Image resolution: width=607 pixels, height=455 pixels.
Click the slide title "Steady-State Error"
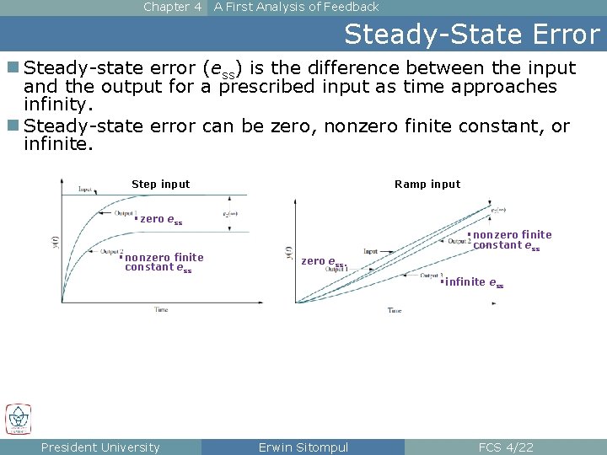pos(471,35)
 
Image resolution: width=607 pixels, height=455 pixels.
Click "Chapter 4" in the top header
pos(172,7)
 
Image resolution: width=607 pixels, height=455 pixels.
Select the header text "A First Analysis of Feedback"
pos(296,7)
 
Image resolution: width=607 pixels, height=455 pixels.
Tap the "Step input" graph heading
pos(160,185)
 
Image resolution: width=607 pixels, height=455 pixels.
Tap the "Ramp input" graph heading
pos(427,185)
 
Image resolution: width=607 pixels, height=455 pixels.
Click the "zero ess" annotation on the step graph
pos(160,219)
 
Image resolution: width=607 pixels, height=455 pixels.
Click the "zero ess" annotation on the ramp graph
pos(323,261)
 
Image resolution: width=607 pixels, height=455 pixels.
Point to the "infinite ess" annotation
pos(474,282)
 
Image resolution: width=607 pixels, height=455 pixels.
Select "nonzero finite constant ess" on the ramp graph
pos(511,240)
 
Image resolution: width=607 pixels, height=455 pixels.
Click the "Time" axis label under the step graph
pos(160,310)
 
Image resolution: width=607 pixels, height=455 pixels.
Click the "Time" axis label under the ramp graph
pos(395,311)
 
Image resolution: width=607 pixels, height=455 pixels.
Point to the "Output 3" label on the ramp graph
pos(430,276)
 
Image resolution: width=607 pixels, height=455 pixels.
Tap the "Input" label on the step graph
pos(85,190)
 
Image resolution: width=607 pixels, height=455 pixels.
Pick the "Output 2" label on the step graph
pos(111,252)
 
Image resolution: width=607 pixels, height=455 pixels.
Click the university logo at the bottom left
pos(19,419)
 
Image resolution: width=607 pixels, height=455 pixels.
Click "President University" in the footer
pos(100,447)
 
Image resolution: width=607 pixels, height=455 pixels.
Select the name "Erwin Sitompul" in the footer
pos(303,447)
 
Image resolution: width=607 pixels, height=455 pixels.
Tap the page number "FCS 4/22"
pos(505,447)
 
